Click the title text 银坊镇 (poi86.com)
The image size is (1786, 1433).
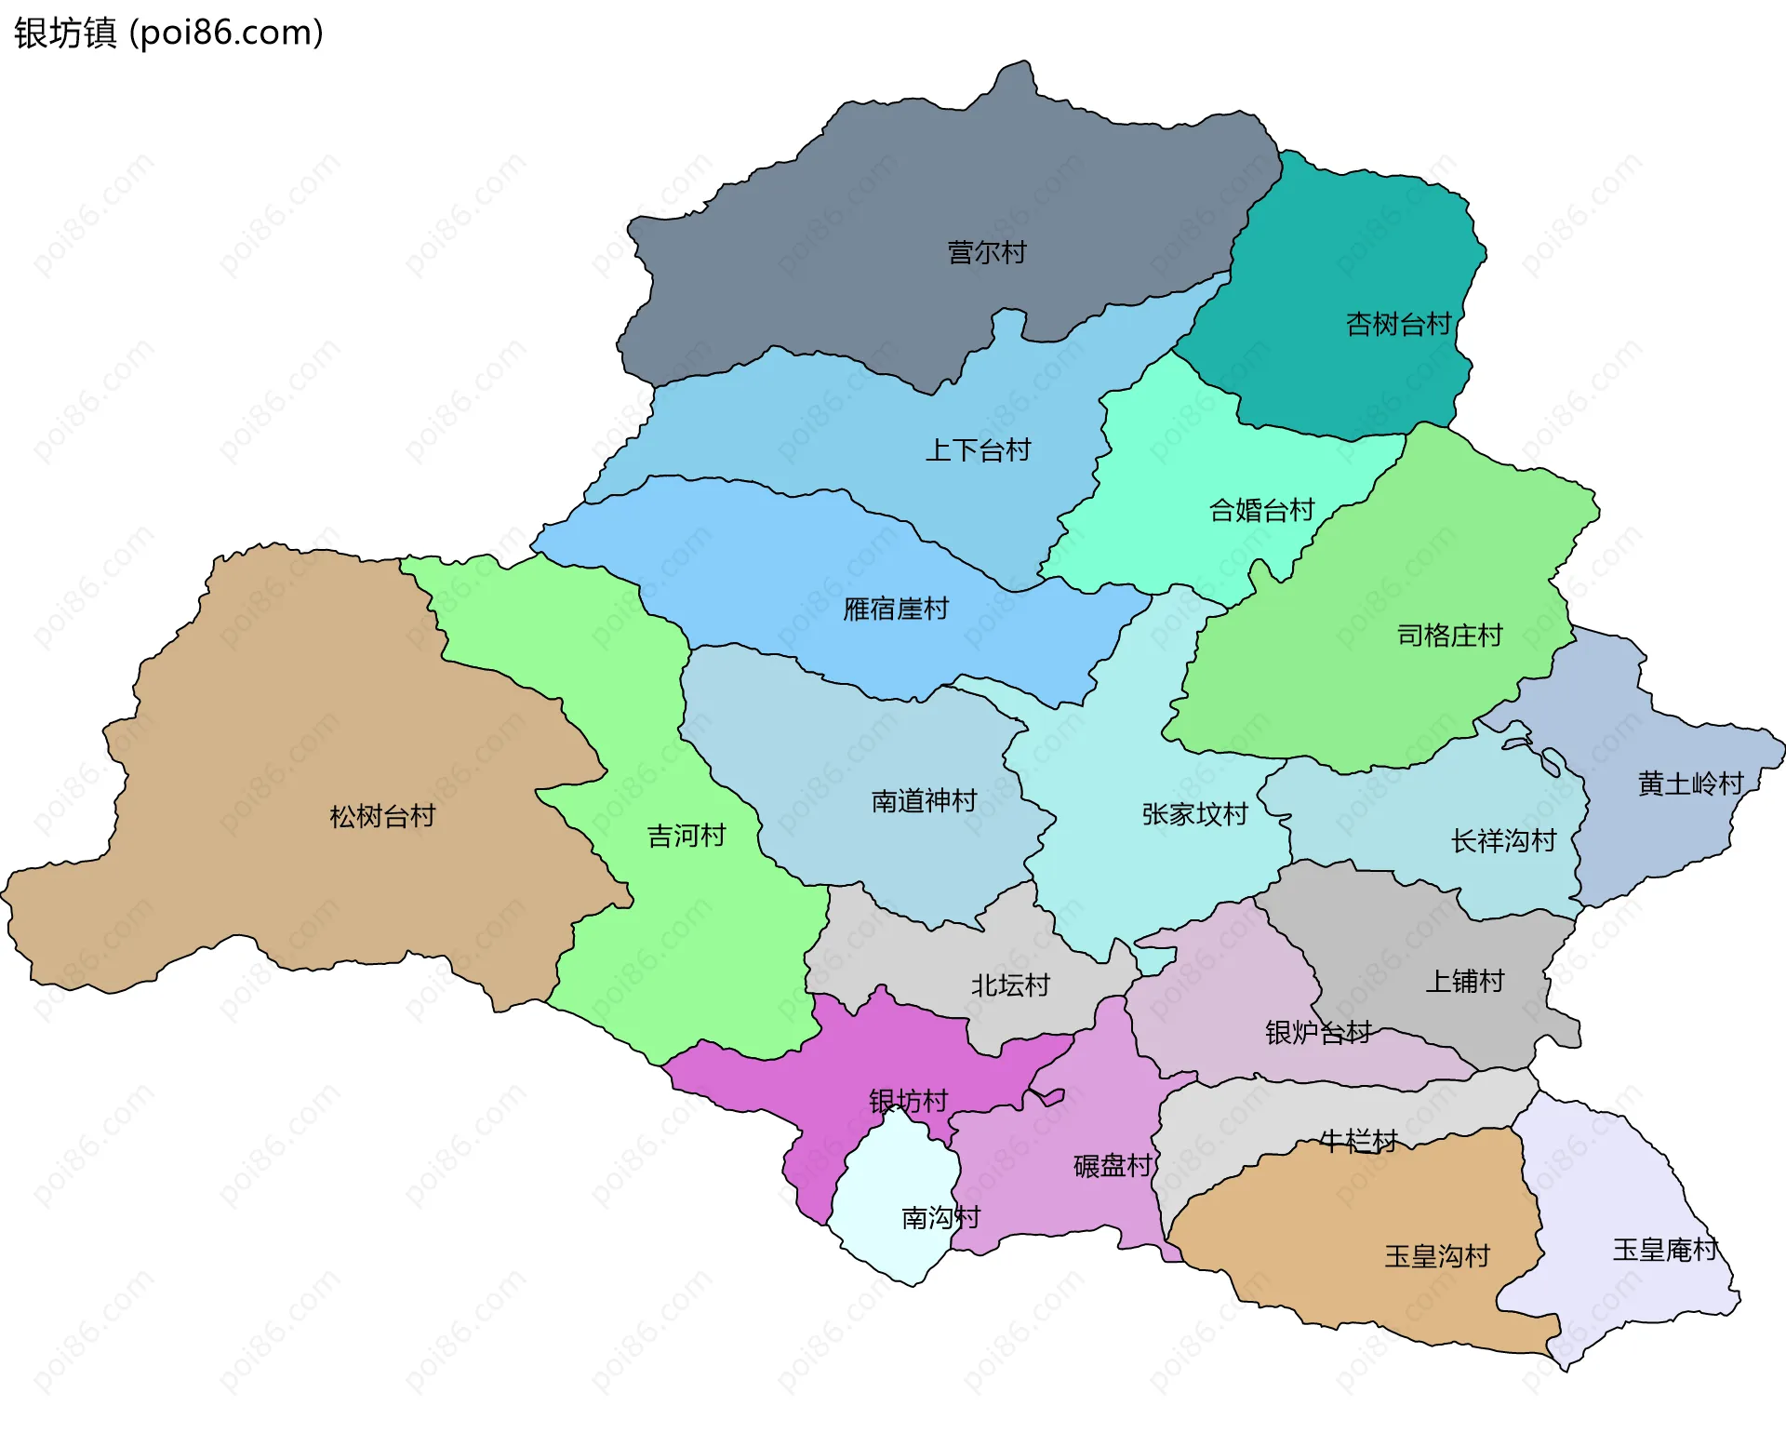(x=168, y=33)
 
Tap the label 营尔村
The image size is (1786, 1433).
(x=986, y=252)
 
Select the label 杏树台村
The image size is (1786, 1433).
(x=1398, y=325)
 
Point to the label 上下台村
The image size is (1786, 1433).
(x=978, y=451)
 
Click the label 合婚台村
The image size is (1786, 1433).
(x=1261, y=511)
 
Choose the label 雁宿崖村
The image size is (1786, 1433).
(x=895, y=609)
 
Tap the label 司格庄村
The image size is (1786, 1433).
(x=1449, y=636)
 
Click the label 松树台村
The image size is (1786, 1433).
(x=382, y=817)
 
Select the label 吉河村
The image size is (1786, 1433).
(x=686, y=837)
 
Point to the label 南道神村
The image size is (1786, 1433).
(x=924, y=801)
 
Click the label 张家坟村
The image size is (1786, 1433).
(x=1194, y=815)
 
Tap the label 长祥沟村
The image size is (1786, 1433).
(x=1503, y=842)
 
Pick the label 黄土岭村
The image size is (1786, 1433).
(x=1690, y=784)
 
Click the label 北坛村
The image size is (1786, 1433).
(x=1010, y=985)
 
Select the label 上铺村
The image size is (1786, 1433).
(x=1464, y=982)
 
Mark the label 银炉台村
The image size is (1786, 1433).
(x=1318, y=1033)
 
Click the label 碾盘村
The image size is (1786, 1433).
(x=1113, y=1167)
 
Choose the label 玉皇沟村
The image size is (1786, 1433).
(x=1437, y=1257)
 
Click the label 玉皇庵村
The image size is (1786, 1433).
(x=1665, y=1250)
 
